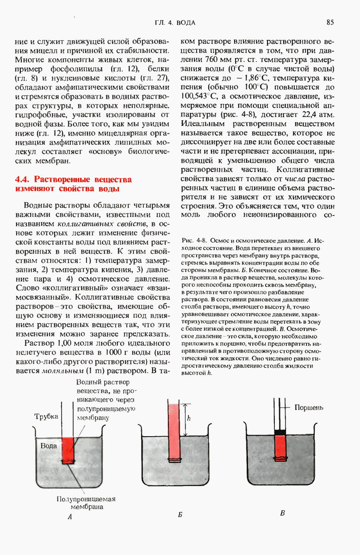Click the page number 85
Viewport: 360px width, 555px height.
coord(330,22)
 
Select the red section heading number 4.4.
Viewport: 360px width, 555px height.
coord(24,179)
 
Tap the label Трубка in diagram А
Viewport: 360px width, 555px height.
coord(47,416)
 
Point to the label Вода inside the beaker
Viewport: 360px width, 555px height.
coord(49,446)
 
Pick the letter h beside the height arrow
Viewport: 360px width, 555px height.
coord(188,419)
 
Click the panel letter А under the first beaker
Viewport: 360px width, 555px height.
coord(69,518)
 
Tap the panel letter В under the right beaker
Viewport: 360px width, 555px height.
coord(283,513)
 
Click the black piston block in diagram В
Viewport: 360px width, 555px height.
coord(280,432)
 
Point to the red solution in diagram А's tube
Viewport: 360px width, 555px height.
coord(68,447)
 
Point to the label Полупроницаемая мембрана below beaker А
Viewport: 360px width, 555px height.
coord(86,503)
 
